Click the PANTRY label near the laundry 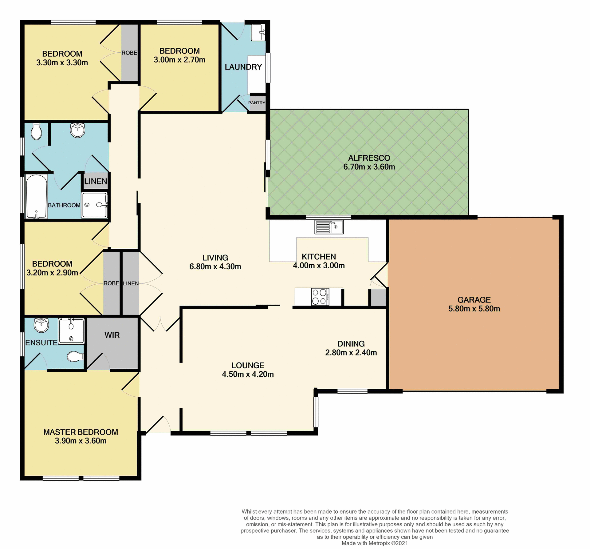tap(257, 103)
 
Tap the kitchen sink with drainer tap(329, 227)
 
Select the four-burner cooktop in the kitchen tap(320, 297)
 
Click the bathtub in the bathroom tap(36, 196)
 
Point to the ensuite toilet tap(75, 357)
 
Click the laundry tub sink tap(258, 32)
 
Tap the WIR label tap(112, 335)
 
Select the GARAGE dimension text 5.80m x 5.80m tap(474, 309)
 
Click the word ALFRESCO tap(369, 158)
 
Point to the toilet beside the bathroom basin tap(36, 132)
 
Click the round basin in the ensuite tap(41, 325)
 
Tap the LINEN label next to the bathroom tap(96, 181)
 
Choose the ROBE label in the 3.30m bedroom tap(129, 53)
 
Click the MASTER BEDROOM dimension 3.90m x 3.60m tap(81, 441)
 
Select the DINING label tap(351, 344)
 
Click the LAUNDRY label tap(243, 67)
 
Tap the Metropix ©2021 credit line tap(375, 543)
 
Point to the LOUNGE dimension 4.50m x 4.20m tap(248, 374)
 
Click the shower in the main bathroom tap(94, 205)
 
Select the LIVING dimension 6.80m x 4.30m tap(215, 266)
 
